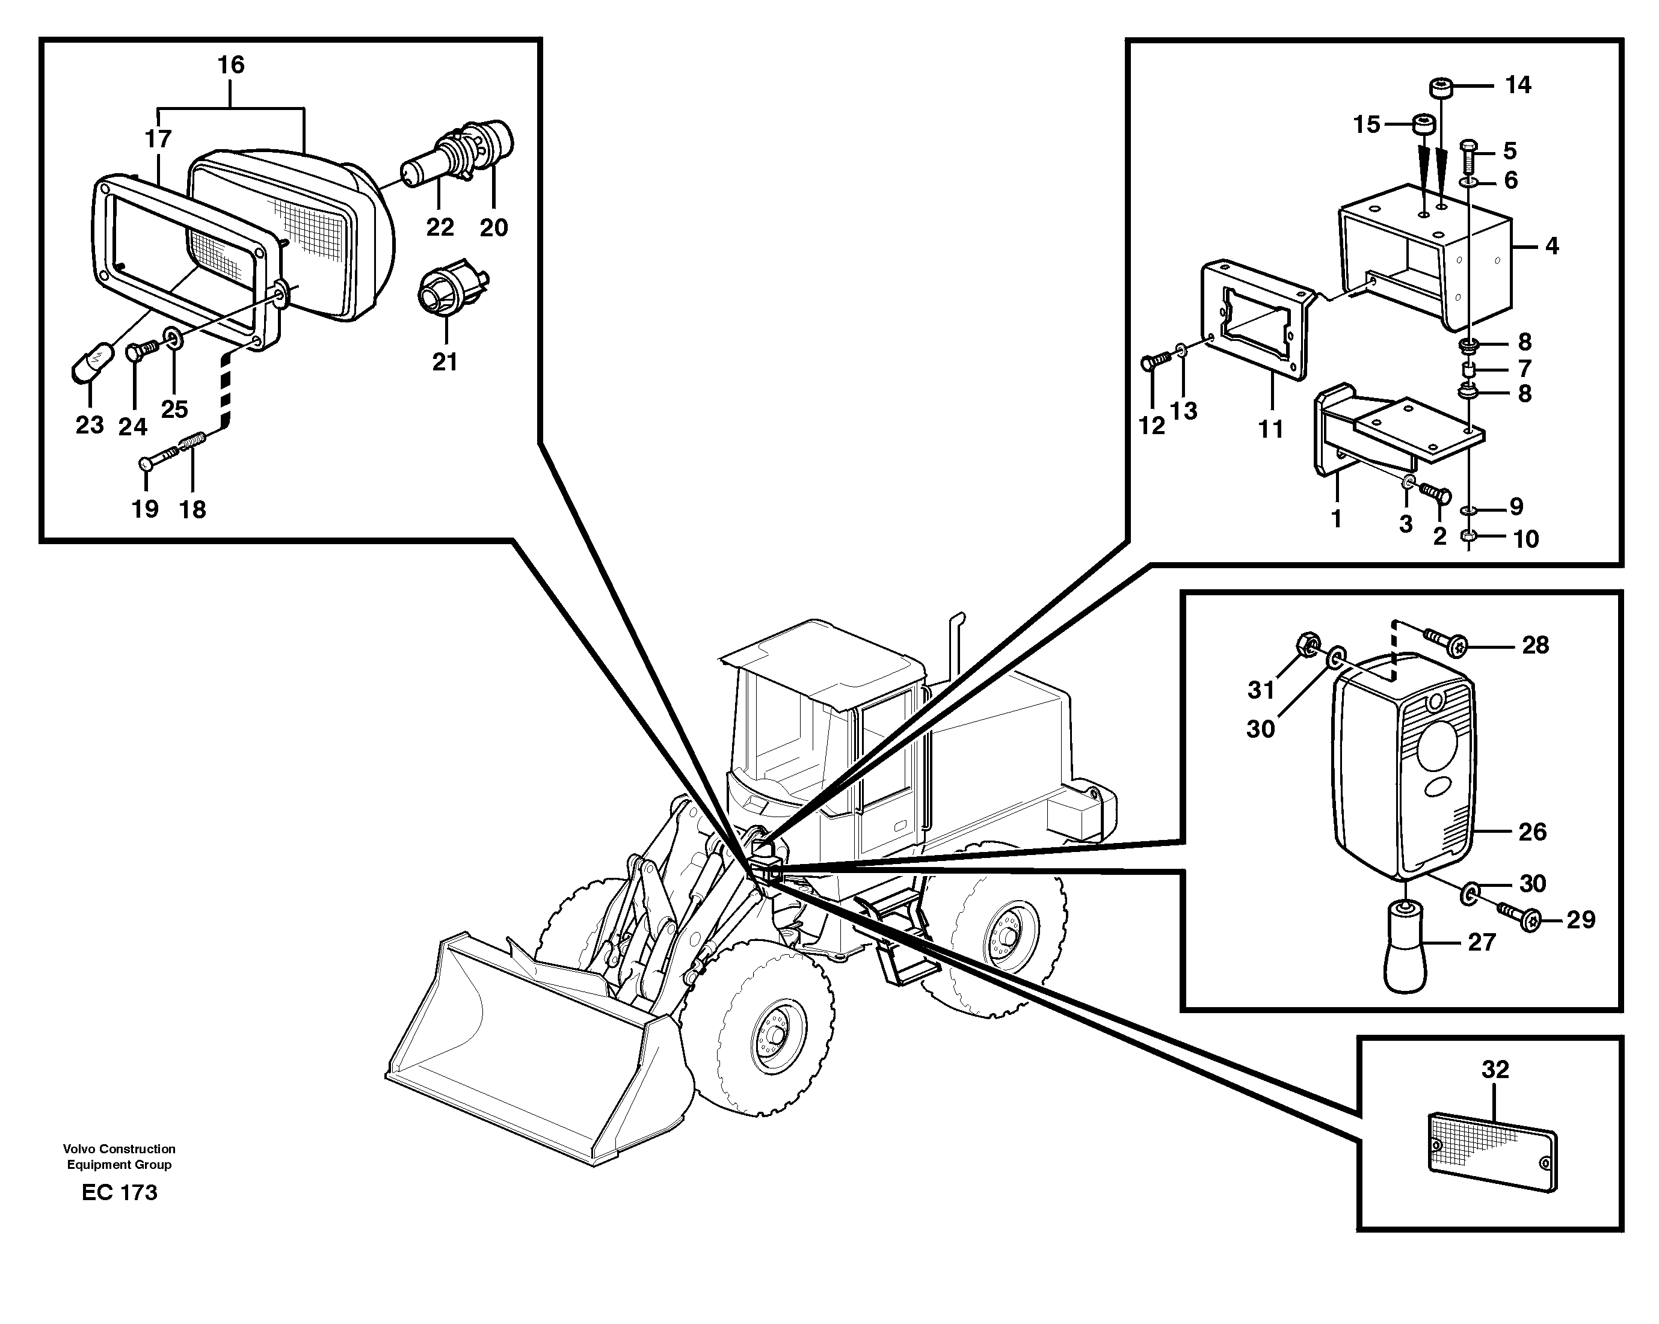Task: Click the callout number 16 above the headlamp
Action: [231, 64]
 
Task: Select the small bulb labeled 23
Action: [93, 364]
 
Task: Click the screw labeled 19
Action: [157, 462]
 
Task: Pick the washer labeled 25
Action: [173, 339]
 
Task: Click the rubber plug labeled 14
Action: [1441, 88]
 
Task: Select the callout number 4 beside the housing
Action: [1551, 246]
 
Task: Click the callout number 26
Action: [1531, 832]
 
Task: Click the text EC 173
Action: [119, 1192]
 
